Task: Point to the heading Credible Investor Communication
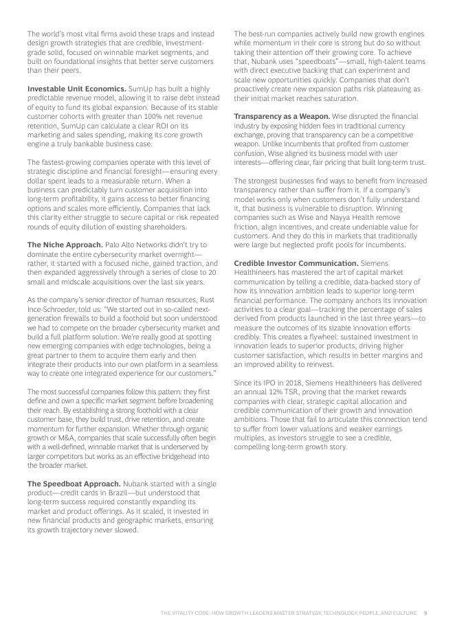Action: (x=296, y=263)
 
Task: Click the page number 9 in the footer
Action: (x=426, y=613)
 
